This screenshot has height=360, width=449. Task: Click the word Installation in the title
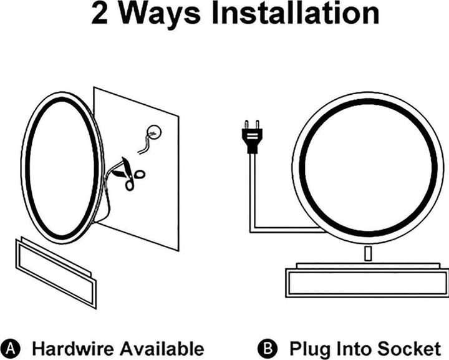pos(296,13)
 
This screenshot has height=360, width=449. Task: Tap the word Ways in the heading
pos(160,14)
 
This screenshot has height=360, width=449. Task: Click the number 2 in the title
pos(100,13)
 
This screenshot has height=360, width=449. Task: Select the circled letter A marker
pos(10,349)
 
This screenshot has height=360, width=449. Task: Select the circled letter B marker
pos(268,349)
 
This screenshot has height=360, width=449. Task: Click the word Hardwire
pos(73,349)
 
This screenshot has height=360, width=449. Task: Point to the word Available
pos(162,349)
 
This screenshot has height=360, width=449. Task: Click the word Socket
pos(409,349)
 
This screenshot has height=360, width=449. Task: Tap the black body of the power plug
pos(253,140)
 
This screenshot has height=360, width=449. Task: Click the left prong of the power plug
pos(246,125)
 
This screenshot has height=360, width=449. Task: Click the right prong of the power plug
pos(258,125)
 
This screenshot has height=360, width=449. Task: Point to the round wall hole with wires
pos(153,133)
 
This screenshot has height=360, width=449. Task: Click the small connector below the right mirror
pos(368,254)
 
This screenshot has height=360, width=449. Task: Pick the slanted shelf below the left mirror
pos(56,272)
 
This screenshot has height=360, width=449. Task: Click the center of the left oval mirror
pos(62,168)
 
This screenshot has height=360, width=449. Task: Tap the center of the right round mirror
pos(368,168)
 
